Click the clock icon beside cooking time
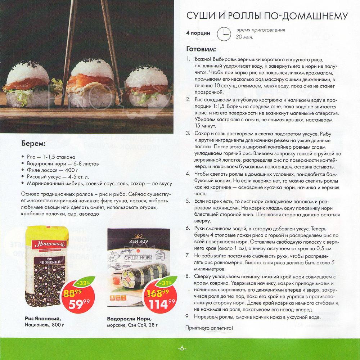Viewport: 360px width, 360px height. click(224, 33)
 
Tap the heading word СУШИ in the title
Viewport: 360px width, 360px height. click(201, 16)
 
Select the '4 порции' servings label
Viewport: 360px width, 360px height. click(198, 33)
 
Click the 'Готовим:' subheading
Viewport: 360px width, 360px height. click(201, 49)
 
